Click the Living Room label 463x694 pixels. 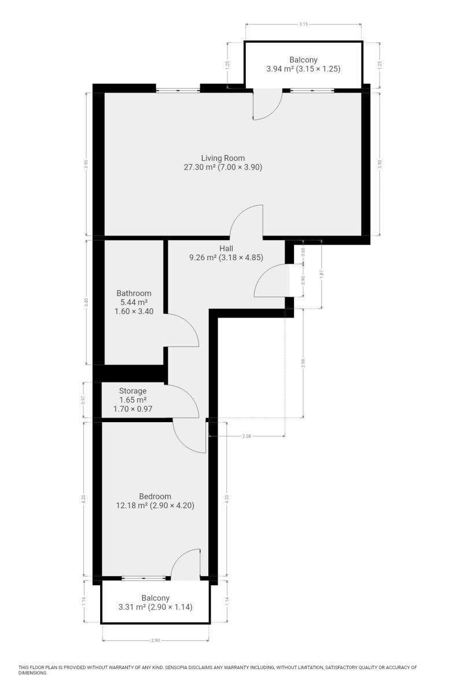click(223, 158)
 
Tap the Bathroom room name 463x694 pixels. click(134, 293)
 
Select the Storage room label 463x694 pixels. click(133, 391)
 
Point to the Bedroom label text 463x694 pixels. click(155, 496)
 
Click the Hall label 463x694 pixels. click(226, 248)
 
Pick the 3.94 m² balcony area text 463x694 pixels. click(280, 69)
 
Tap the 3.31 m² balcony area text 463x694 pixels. click(132, 607)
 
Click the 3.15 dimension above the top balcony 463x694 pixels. click(303, 24)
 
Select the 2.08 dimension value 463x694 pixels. click(247, 436)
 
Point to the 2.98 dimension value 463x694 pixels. click(303, 363)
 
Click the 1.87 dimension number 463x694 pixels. click(322, 274)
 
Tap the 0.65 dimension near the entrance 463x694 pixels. click(303, 251)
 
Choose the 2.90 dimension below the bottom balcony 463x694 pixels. click(155, 640)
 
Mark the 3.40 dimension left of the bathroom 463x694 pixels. click(86, 302)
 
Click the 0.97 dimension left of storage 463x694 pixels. click(83, 400)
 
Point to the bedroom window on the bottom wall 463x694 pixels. click(144, 578)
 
